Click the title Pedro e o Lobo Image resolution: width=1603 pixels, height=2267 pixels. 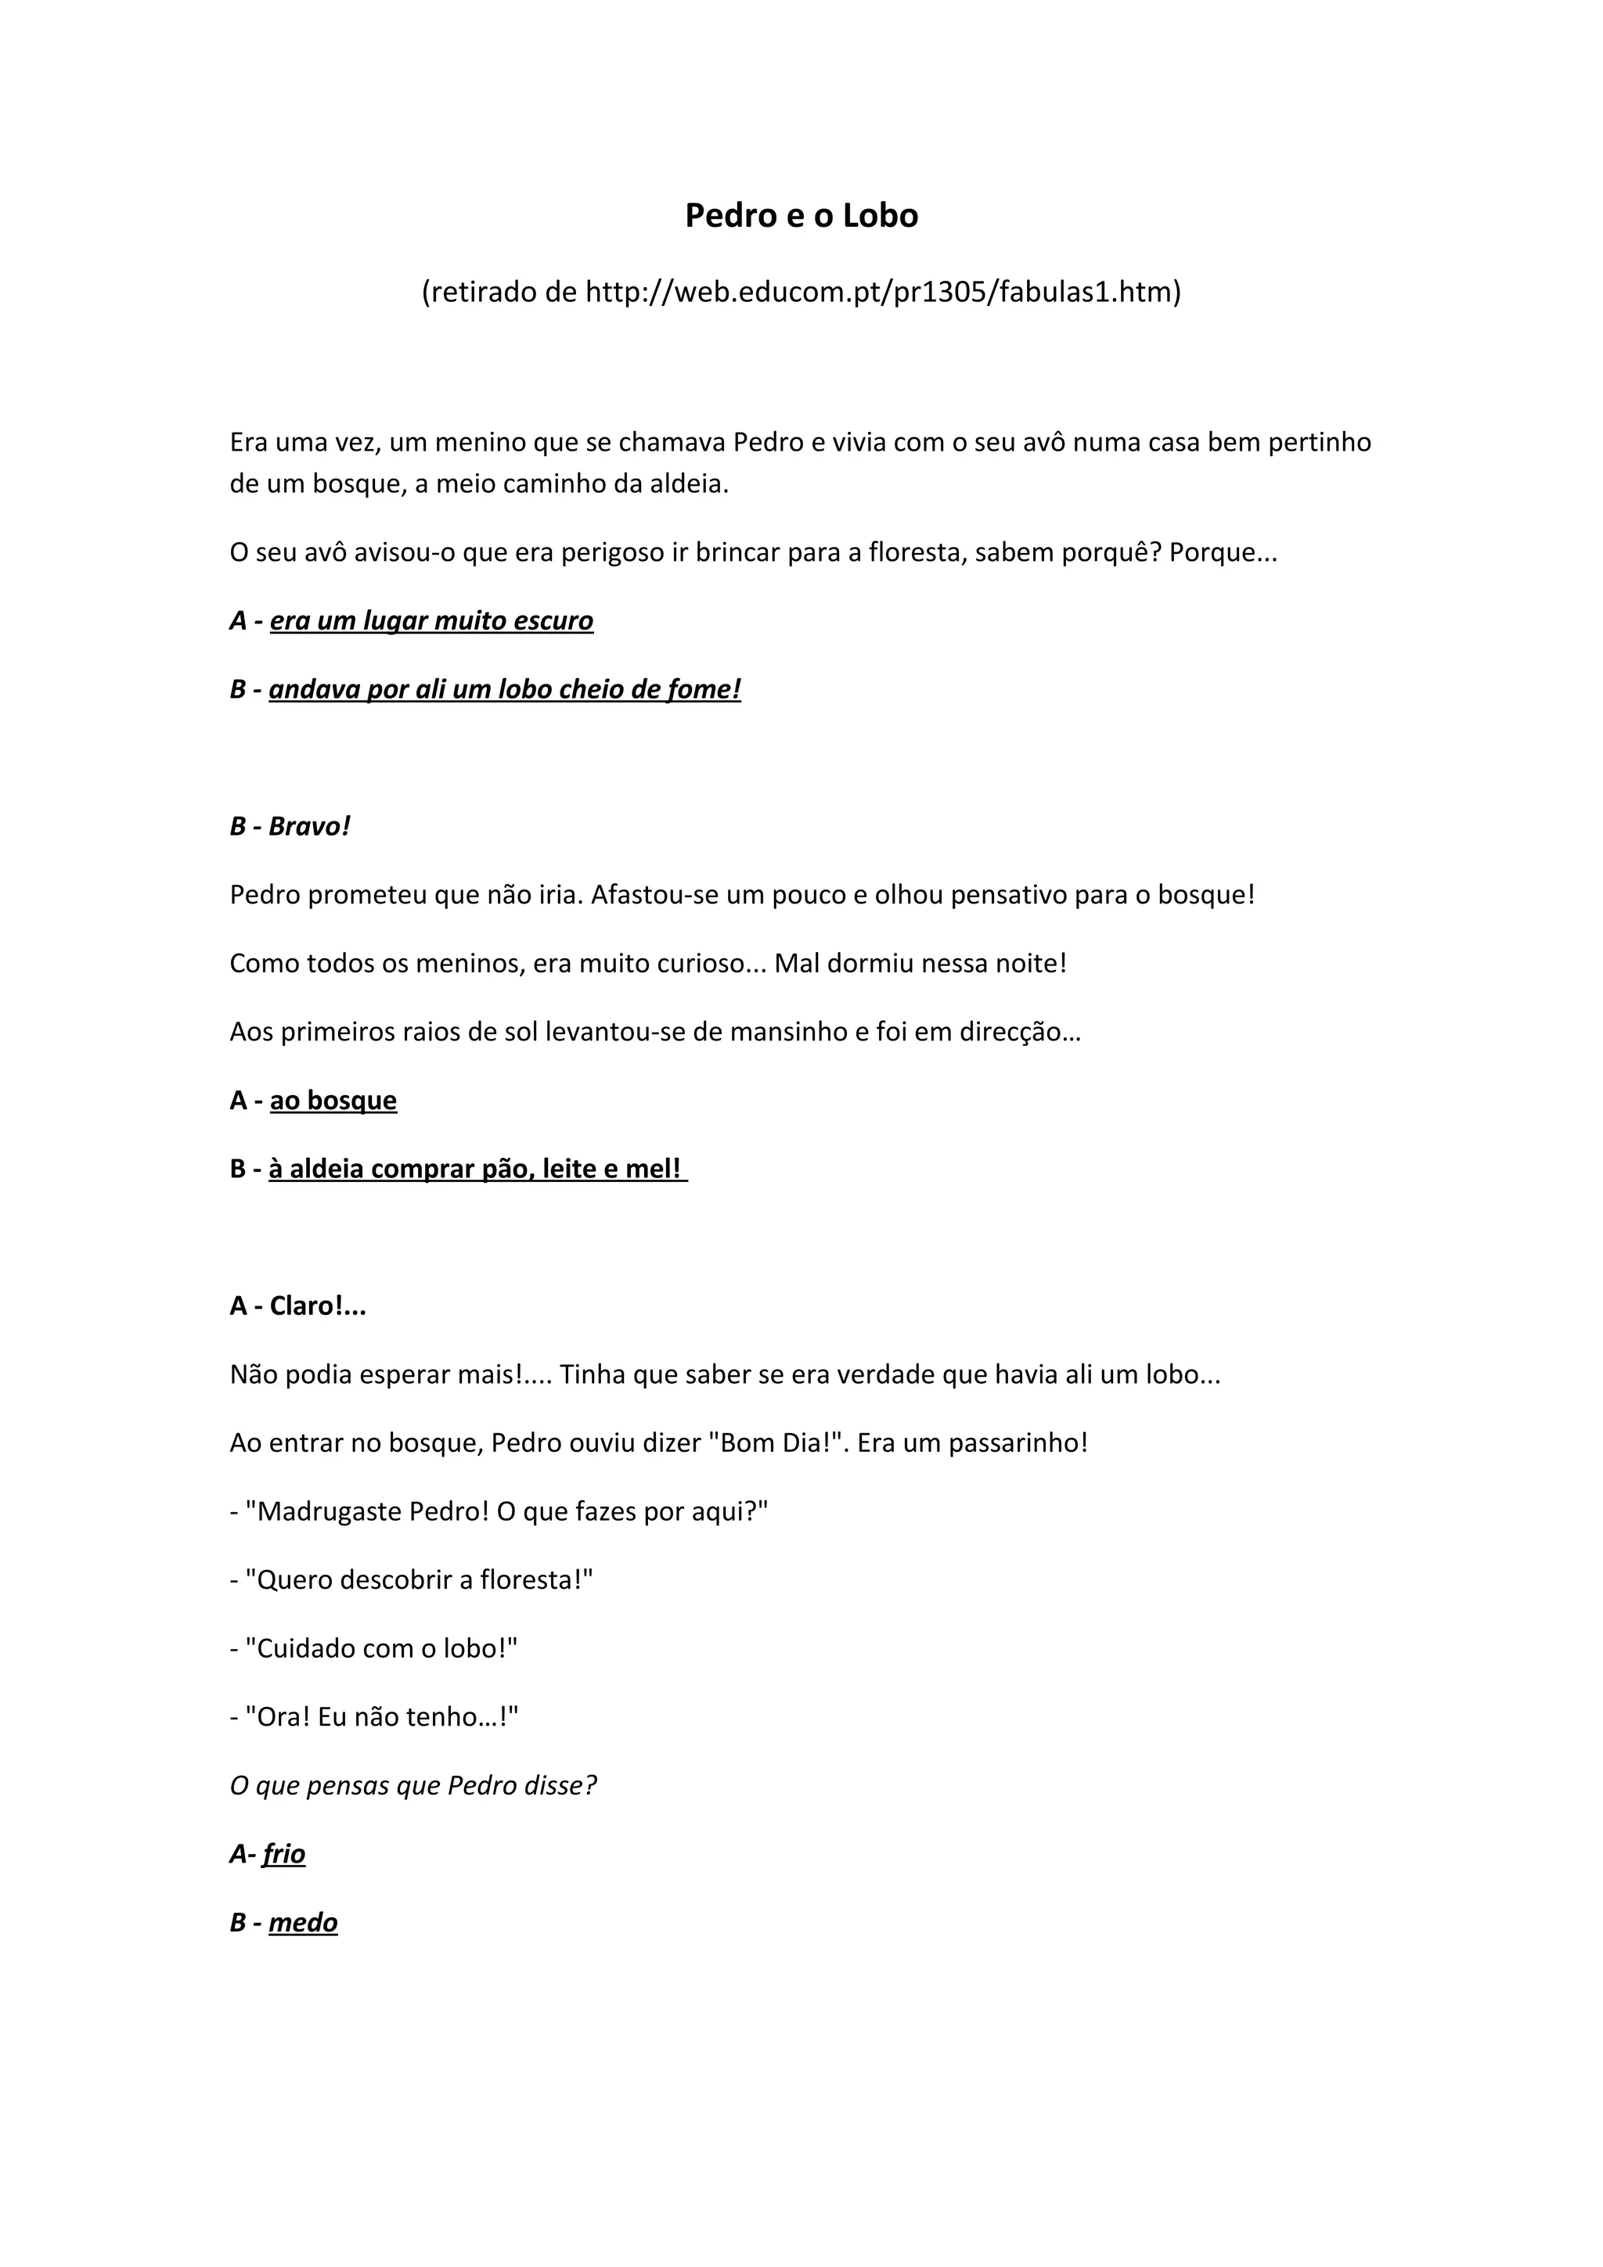(801, 215)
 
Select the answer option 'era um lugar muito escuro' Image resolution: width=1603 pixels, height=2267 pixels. (431, 620)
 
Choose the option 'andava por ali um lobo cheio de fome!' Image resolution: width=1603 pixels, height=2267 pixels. (505, 688)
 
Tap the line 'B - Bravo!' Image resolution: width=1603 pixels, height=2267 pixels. (290, 825)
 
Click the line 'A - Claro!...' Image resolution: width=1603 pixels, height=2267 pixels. (297, 1306)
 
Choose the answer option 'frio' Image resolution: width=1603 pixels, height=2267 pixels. (283, 1853)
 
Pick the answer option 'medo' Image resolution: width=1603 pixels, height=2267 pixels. (303, 1921)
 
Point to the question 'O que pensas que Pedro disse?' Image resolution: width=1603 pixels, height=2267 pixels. (412, 1785)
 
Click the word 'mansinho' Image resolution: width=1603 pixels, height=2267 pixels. (776, 1032)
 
